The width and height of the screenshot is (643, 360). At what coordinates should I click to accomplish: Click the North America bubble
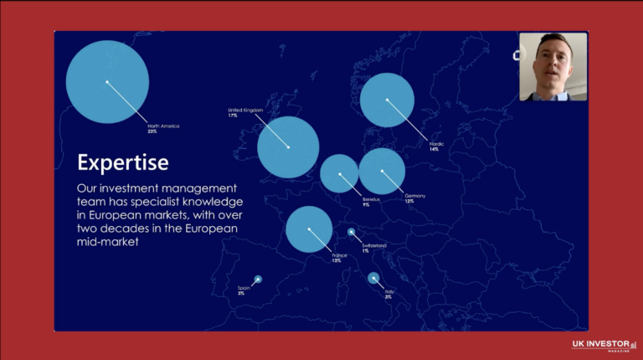click(107, 82)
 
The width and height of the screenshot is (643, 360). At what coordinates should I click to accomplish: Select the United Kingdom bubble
click(288, 147)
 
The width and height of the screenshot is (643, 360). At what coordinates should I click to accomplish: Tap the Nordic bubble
click(388, 100)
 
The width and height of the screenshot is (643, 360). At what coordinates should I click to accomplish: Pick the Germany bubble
click(382, 171)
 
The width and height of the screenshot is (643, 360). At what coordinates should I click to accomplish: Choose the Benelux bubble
click(340, 174)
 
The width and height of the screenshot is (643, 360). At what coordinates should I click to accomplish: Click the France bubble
click(309, 229)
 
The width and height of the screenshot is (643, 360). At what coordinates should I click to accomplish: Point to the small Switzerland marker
click(351, 233)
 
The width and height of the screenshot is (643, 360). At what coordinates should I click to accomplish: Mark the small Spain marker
click(258, 279)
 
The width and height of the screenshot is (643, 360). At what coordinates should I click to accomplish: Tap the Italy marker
click(373, 279)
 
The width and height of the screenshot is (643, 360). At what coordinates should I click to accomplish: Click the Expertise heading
click(122, 161)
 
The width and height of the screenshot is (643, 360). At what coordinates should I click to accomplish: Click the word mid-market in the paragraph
click(107, 242)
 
